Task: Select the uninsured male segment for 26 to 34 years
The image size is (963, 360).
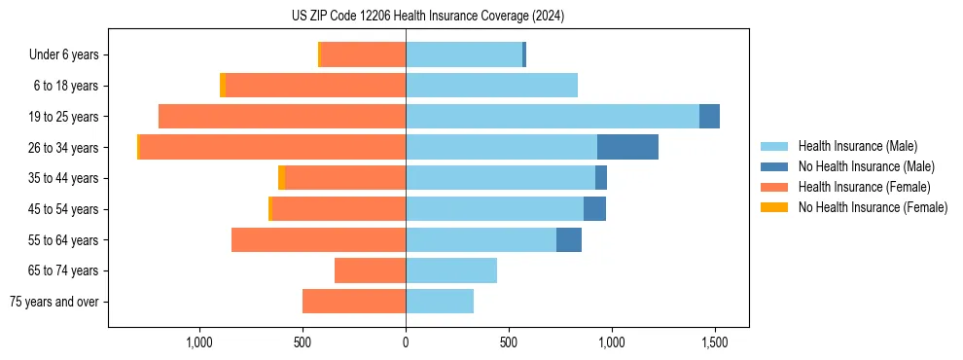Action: click(627, 147)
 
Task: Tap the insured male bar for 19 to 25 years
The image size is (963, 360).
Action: click(553, 116)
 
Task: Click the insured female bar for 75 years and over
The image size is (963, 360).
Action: click(354, 302)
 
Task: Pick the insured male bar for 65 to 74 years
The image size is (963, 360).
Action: click(451, 270)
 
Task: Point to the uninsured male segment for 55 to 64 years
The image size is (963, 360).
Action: click(569, 239)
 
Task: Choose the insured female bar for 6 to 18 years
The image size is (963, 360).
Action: click(316, 86)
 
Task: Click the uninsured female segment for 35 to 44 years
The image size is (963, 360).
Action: click(282, 178)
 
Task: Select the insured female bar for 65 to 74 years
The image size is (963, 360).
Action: click(371, 270)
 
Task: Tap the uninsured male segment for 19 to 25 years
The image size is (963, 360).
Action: click(709, 116)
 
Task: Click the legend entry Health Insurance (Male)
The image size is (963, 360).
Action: click(857, 146)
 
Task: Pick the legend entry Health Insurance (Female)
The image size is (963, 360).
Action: click(864, 187)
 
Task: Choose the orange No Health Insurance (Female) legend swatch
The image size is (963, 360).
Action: click(775, 207)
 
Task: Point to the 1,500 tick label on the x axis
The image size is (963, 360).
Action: click(715, 342)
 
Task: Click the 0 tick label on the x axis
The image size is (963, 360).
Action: click(406, 342)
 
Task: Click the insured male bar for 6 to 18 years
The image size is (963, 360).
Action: click(491, 86)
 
